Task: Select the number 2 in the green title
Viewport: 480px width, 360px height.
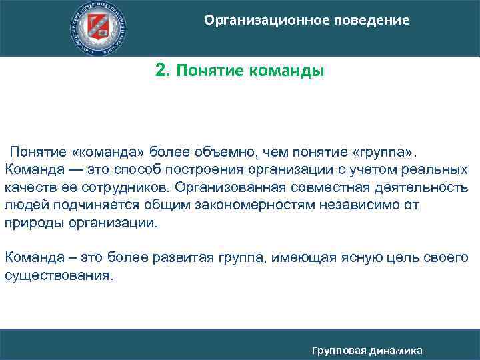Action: coord(161,70)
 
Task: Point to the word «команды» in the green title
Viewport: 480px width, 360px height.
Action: coord(287,71)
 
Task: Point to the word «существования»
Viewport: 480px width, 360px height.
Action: coord(58,275)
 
